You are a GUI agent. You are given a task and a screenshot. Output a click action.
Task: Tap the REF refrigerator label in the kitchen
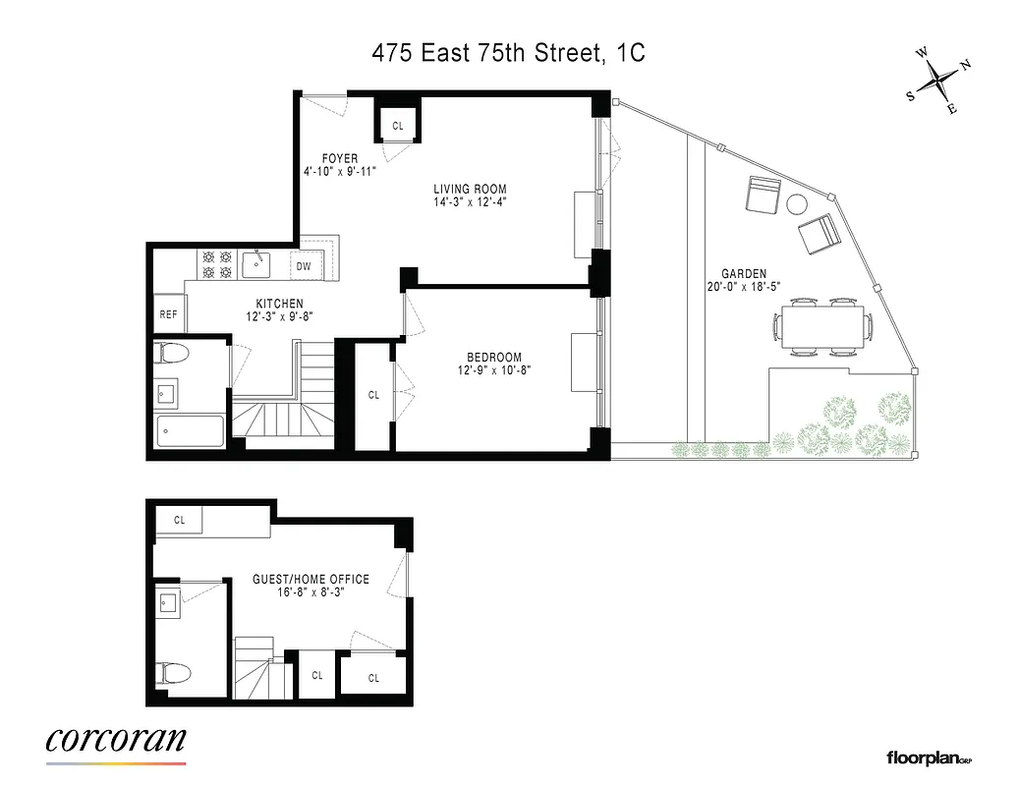coord(168,314)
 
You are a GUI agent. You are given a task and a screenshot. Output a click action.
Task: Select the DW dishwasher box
coord(304,265)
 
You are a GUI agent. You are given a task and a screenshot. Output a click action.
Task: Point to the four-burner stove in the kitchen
coord(217,264)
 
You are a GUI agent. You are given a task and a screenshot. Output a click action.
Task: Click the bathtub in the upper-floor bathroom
coord(191,428)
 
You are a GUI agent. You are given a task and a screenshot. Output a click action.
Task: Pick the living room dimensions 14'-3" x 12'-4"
coord(470,201)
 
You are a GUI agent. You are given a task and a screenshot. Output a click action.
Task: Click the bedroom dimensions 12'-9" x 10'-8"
coord(494,370)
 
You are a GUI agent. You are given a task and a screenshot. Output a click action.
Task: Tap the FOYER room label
coord(339,158)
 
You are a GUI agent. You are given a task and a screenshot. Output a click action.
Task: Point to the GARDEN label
coord(743,274)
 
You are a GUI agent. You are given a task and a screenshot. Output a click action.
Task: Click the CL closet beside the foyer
coord(398,126)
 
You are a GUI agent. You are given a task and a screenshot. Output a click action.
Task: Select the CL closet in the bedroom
coord(373,395)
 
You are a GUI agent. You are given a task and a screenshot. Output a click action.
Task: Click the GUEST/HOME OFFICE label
coord(311,579)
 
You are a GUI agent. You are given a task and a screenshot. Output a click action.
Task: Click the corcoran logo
coord(116,740)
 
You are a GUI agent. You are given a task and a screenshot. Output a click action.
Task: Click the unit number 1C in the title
coord(631,53)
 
